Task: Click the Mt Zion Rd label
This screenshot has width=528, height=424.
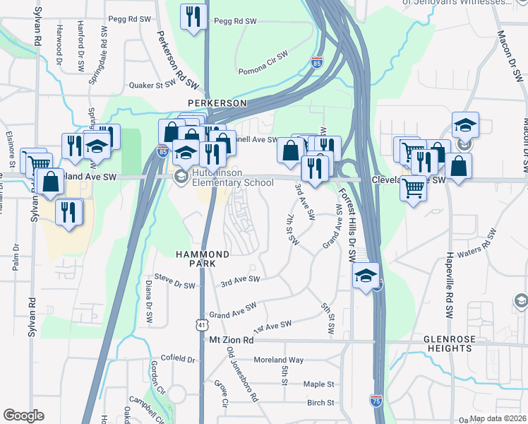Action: click(232, 340)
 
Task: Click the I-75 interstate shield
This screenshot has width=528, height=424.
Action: click(376, 401)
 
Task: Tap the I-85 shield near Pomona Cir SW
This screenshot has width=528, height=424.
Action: click(317, 63)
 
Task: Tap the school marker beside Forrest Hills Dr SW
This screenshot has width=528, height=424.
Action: click(366, 276)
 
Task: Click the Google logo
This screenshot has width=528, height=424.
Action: click(23, 416)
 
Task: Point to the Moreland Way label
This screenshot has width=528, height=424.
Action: click(278, 360)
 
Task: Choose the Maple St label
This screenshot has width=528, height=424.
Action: click(318, 384)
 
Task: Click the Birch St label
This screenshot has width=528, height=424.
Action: click(320, 403)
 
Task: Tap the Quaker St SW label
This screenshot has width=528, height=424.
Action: click(151, 86)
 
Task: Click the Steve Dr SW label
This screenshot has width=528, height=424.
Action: click(174, 285)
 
